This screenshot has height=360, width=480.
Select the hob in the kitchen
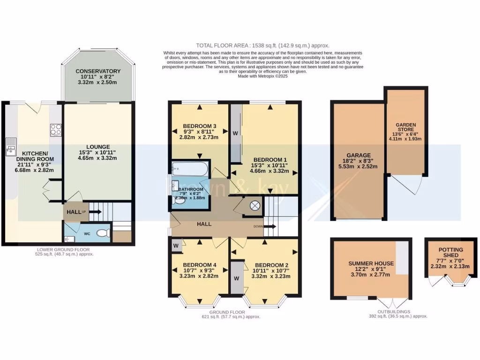click(56, 129)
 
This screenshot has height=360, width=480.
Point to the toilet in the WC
click(103, 232)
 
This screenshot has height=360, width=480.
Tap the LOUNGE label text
click(98, 146)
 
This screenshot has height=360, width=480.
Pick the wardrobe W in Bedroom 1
click(235, 133)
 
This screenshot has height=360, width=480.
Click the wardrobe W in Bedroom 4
click(175, 245)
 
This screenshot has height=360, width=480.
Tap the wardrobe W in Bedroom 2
click(236, 278)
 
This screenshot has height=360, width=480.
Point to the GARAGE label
click(359, 155)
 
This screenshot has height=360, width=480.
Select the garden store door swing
click(405, 185)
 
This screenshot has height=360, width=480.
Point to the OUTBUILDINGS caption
click(387, 311)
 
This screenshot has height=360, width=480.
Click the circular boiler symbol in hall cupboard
click(255, 205)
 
